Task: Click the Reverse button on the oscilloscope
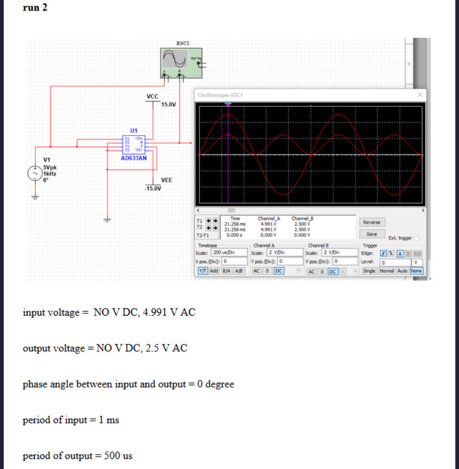[x=371, y=222]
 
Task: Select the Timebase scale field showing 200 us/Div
[x=225, y=252]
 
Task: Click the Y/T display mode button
[x=203, y=271]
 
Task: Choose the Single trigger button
[x=369, y=271]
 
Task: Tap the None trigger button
[x=416, y=271]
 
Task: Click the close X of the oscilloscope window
[x=420, y=95]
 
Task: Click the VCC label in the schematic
[x=152, y=96]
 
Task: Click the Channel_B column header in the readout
[x=302, y=219]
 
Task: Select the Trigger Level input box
[x=393, y=261]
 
